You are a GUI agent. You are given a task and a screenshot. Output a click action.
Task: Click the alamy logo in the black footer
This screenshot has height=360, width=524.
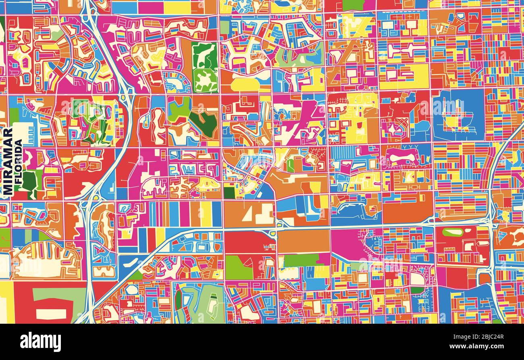[41, 342]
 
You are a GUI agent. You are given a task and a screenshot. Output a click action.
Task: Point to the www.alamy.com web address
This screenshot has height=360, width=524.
[482, 346]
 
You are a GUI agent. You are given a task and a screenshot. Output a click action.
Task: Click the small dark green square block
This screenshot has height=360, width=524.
[229, 193]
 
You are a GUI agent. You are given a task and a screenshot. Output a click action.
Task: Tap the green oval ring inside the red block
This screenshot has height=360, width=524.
[453, 232]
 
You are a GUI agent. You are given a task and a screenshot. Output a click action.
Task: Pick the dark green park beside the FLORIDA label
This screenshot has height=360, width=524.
[29, 181]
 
